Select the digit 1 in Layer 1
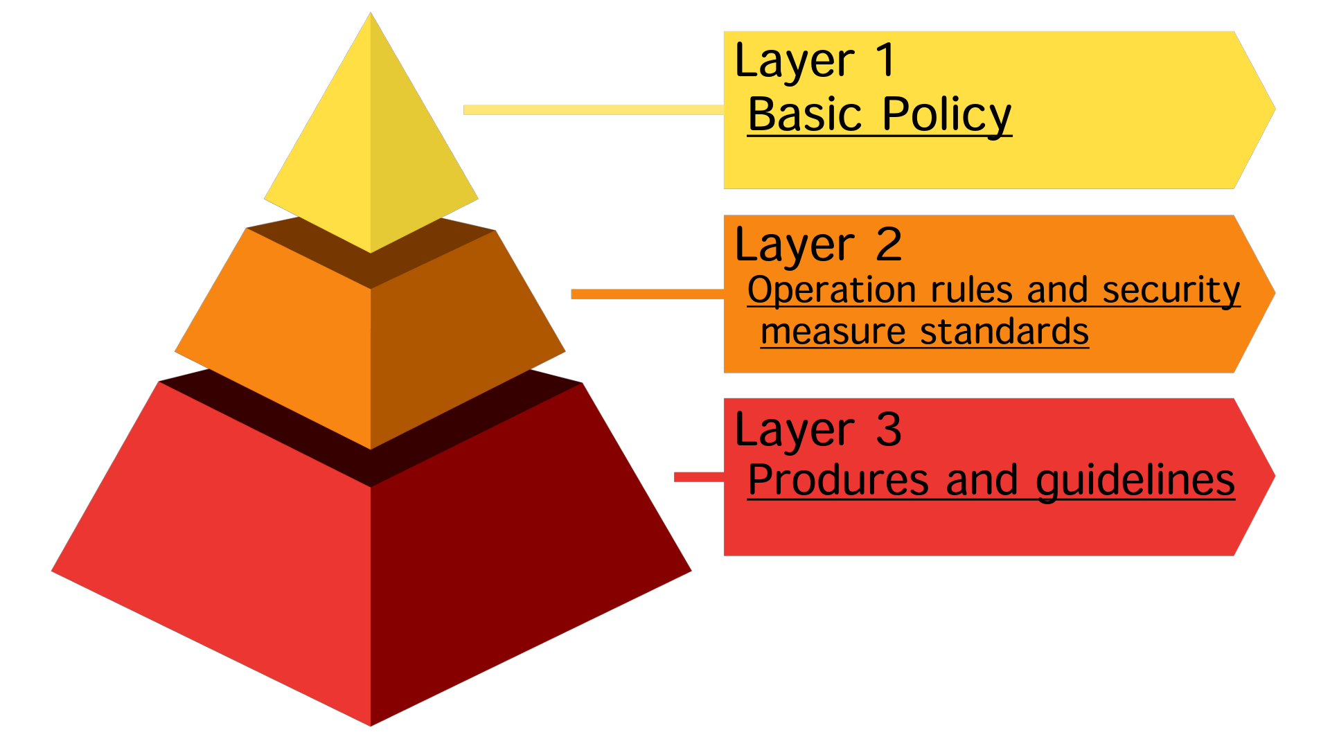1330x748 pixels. pyautogui.click(x=886, y=60)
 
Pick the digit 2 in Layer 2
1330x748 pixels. pyautogui.click(x=889, y=244)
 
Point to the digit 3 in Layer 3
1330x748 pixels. pyautogui.click(x=889, y=429)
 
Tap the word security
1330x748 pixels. pyautogui.click(x=1171, y=290)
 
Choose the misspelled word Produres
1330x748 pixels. pyautogui.click(x=838, y=480)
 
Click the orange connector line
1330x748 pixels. pyautogui.click(x=647, y=294)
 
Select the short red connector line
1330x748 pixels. pyautogui.click(x=698, y=477)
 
